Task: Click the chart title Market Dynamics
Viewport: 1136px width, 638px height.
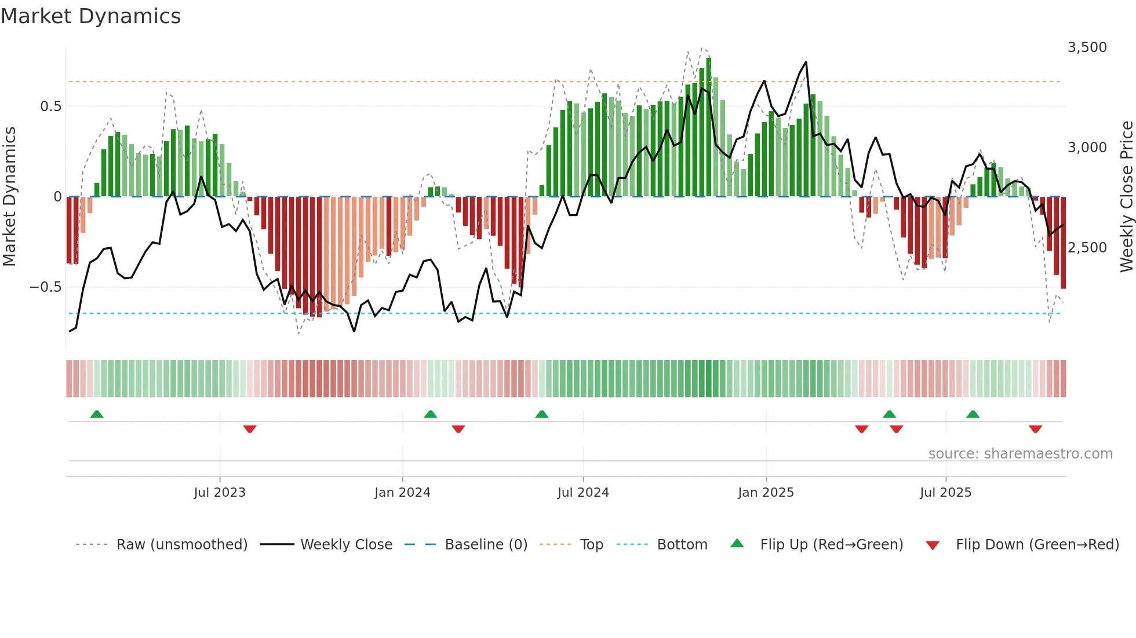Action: coord(90,16)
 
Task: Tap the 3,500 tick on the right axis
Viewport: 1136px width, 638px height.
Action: coord(1087,47)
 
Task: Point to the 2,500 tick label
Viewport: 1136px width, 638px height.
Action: coord(1087,248)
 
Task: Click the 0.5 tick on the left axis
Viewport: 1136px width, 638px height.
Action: coord(50,107)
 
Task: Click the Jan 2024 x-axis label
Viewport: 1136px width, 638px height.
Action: coord(402,493)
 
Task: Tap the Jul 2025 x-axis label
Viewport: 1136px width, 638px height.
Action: coord(945,493)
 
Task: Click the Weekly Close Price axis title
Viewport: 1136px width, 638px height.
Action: coord(1126,197)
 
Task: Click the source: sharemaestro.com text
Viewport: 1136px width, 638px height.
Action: coord(1020,454)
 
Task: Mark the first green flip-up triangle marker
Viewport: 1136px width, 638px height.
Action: coord(97,415)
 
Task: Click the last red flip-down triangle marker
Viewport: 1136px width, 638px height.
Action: coord(1035,429)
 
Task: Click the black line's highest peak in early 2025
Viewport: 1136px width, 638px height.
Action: coord(806,63)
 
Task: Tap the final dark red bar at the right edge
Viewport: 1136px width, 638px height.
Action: coord(1063,243)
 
